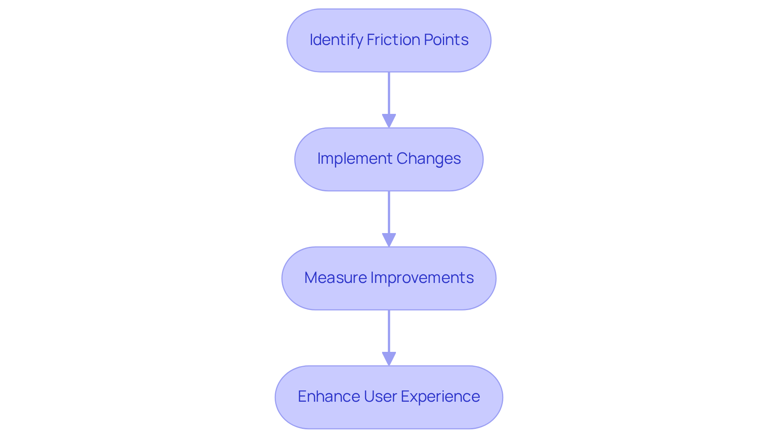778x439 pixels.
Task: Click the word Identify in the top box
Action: pos(336,40)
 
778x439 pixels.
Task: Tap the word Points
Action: pos(446,40)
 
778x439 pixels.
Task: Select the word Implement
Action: pos(355,158)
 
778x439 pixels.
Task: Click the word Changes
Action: pos(428,158)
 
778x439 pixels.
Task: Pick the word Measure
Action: pos(336,278)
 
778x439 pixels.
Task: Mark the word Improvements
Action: pos(422,278)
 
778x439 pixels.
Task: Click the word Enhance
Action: pos(329,396)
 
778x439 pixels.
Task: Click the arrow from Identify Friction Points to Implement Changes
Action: pos(389,95)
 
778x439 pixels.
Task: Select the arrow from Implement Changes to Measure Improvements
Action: pos(389,214)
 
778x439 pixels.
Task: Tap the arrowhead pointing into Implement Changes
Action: pos(389,121)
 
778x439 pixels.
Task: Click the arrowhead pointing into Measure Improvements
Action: pos(389,240)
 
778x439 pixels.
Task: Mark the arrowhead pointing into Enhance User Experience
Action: pos(389,359)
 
